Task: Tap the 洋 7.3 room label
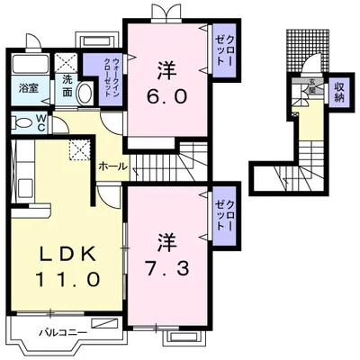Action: pos(166,253)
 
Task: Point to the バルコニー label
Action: pos(63,332)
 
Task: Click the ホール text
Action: pos(112,167)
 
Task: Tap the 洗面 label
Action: pos(67,89)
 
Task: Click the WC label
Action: pos(41,125)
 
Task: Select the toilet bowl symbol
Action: pos(22,124)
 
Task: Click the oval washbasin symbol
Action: pos(85,94)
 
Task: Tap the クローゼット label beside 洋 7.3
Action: pos(221,213)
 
